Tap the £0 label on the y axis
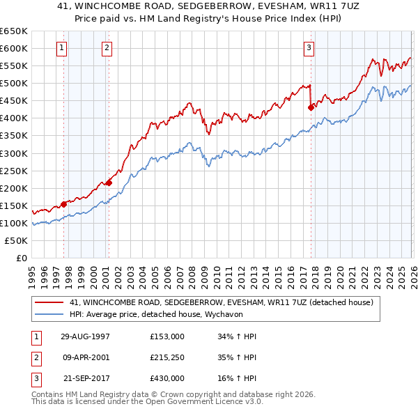point(21,258)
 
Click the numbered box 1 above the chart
point(62,48)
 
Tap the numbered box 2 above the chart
point(107,48)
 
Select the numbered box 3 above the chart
point(309,48)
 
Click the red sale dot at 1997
point(64,204)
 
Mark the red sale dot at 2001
point(109,183)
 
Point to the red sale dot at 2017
point(311,107)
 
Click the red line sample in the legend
point(49,303)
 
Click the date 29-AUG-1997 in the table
point(85,336)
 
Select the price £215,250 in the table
point(167,357)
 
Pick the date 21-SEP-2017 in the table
point(86,378)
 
